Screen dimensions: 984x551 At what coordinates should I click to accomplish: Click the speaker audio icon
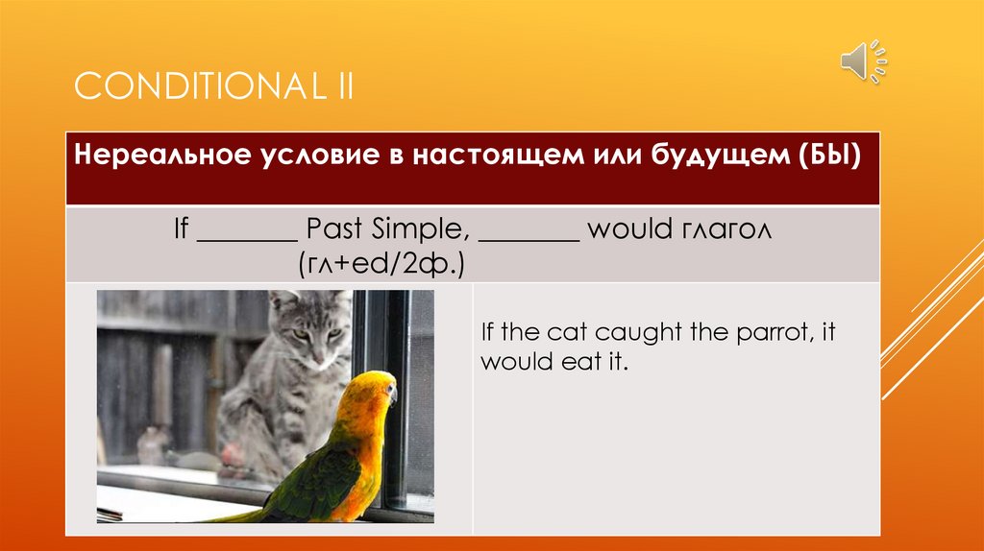click(x=864, y=61)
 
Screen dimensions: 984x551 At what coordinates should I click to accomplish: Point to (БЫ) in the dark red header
click(x=830, y=155)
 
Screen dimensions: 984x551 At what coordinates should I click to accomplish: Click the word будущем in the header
click(x=721, y=156)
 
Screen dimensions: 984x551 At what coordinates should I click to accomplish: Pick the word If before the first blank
click(x=181, y=228)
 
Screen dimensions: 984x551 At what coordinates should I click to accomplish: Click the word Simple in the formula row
click(x=420, y=229)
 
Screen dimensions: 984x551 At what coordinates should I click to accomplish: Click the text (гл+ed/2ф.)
click(x=381, y=264)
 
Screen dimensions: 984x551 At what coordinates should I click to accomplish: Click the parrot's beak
click(x=392, y=395)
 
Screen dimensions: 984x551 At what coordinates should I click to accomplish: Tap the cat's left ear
click(x=283, y=300)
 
